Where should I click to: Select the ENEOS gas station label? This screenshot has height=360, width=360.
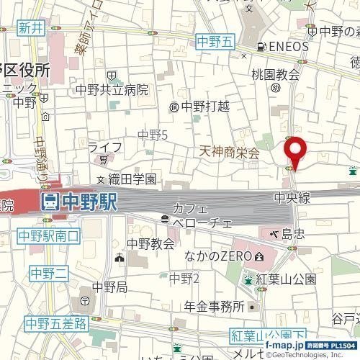[x=287, y=47]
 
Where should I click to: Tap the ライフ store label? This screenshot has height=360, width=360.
[x=105, y=147]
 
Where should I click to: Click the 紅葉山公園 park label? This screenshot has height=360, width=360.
[x=286, y=279]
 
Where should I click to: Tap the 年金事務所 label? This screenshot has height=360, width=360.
[x=214, y=306]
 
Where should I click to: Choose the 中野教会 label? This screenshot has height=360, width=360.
[x=150, y=243]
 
